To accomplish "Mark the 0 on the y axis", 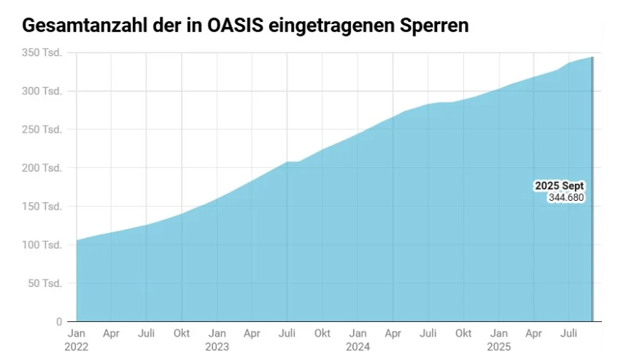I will pos(59,321).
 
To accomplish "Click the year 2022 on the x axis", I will pos(76,345).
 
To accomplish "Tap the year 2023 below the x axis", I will pos(217,345).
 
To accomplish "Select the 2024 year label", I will pos(358,345).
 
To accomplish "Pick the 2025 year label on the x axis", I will pos(498,345).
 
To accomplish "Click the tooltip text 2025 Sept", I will pos(560,186).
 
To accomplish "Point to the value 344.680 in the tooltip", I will pos(567,197).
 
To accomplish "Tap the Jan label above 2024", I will pos(358,334).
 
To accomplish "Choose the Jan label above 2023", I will pos(217,334).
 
